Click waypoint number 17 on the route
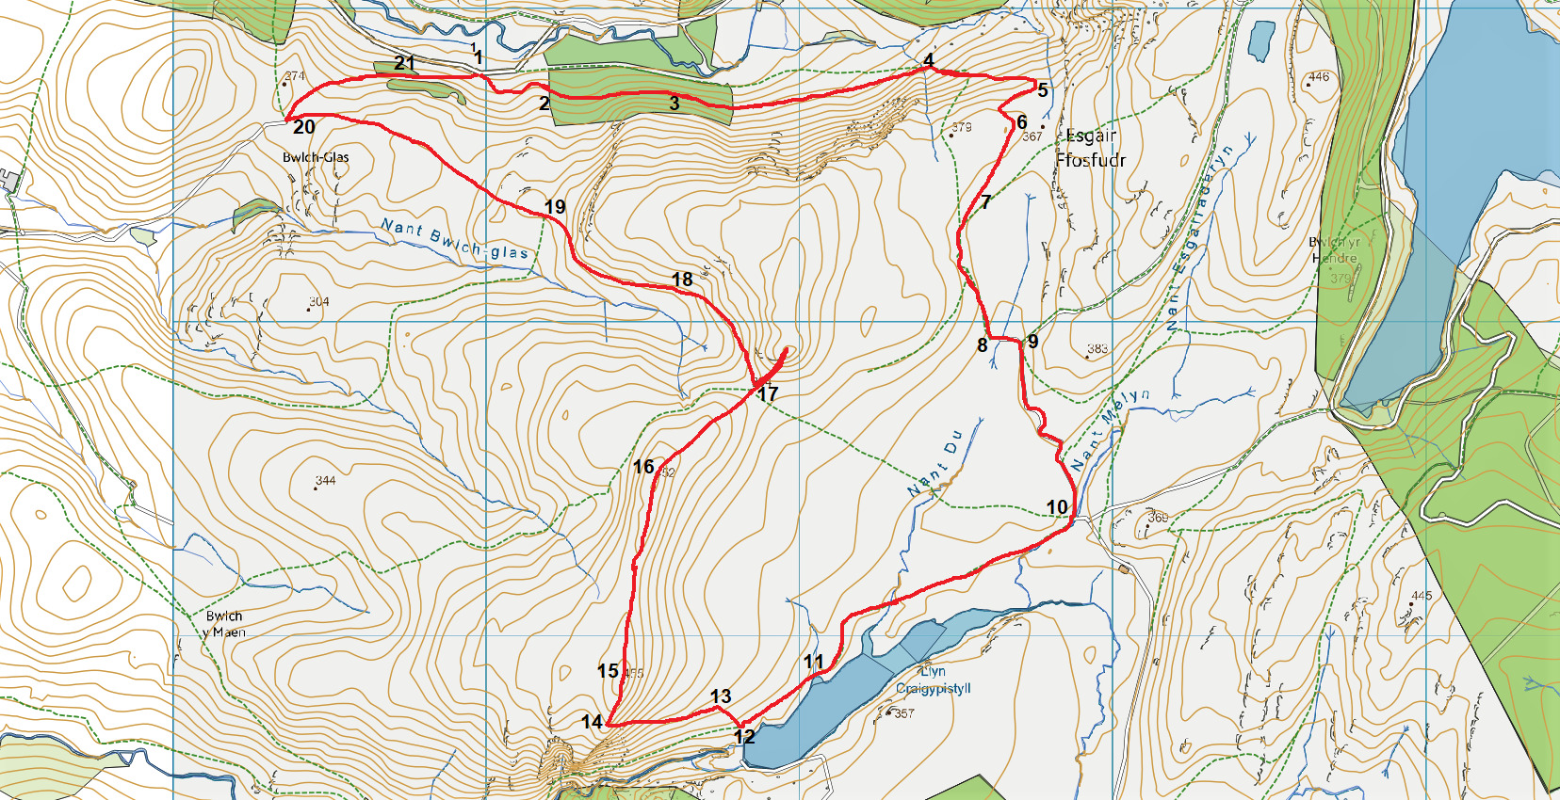coord(768,394)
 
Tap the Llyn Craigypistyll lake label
coord(933,680)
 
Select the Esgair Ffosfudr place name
coord(1091,148)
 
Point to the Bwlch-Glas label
coord(316,157)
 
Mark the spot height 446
coord(1318,77)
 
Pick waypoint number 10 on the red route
coord(1057,507)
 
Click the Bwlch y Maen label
coord(224,624)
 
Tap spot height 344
coord(325,481)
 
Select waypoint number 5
coord(1042,90)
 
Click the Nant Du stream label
coord(934,463)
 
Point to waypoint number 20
coord(303,127)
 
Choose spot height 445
coord(1421,596)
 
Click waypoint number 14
coord(592,722)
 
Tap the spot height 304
coord(318,302)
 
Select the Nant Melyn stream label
coord(1112,428)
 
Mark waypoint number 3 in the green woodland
coord(674,104)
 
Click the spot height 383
coord(1097,349)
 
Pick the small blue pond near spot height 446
coord(1260,40)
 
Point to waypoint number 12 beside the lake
coord(744,737)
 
